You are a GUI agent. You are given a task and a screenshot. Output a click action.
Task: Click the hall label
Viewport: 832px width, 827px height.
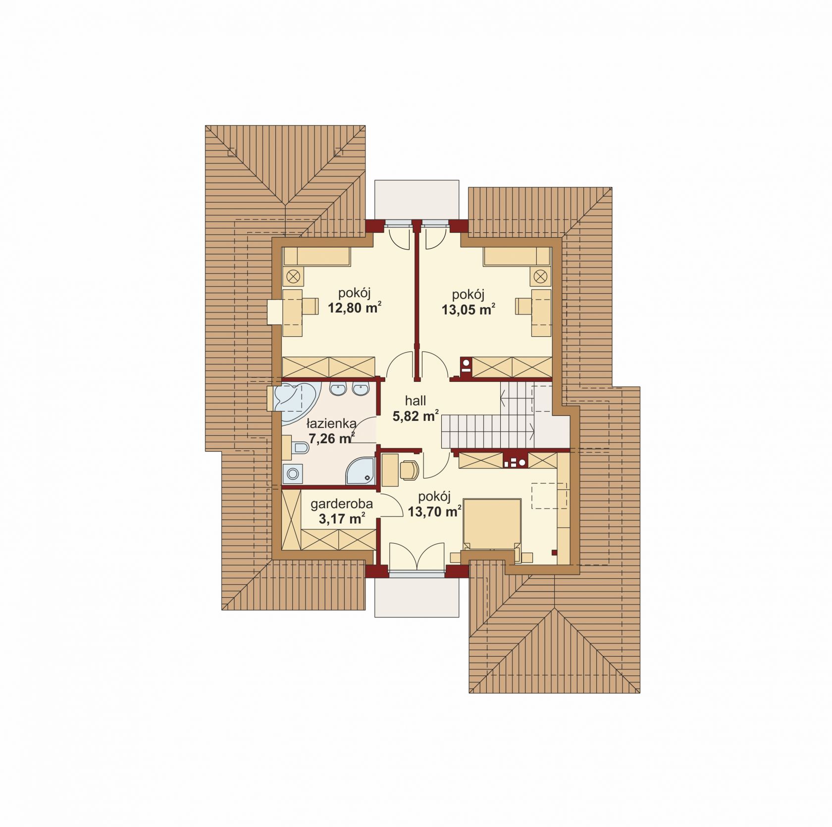coord(416,401)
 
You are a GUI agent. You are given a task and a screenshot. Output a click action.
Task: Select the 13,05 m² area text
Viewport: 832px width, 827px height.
coord(468,310)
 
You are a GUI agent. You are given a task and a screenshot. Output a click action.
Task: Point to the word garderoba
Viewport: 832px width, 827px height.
coord(342,504)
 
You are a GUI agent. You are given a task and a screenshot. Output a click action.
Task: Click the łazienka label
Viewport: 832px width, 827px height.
coord(331,424)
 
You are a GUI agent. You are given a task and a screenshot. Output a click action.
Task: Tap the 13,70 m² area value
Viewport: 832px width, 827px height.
coord(435,512)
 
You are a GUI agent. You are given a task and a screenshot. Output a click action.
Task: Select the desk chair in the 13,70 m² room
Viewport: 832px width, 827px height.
coord(409,470)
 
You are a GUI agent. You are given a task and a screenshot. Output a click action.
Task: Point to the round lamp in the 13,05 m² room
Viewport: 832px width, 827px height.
coord(540,276)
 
